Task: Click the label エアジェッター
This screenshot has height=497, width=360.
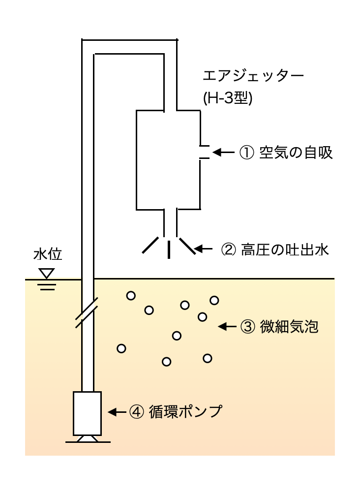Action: coord(254,77)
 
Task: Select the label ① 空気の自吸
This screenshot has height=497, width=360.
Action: coord(286,153)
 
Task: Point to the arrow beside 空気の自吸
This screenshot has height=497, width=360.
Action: coord(224,153)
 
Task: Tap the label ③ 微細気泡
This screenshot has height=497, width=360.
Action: coord(279,326)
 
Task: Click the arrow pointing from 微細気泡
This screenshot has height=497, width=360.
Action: coord(227,326)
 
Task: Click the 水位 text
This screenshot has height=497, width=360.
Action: coord(48,255)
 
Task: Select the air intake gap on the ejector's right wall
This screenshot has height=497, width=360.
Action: coord(200,153)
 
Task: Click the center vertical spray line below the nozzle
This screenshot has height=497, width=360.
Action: coord(169,249)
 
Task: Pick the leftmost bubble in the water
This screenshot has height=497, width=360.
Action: coord(121,348)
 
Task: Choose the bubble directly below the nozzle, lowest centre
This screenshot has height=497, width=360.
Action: coord(166,362)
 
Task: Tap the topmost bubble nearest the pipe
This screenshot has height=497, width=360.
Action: coord(131,296)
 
